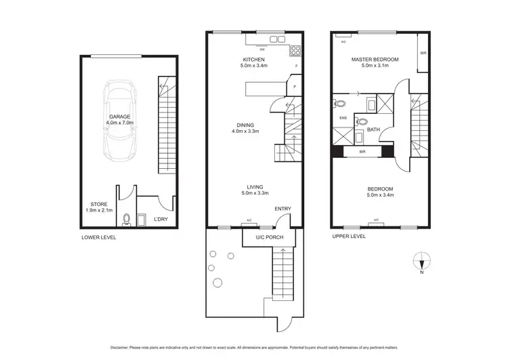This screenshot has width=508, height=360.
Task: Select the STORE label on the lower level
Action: pos(98,204)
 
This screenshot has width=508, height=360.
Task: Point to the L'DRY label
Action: pos(161,219)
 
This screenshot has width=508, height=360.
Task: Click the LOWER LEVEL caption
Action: pos(99,238)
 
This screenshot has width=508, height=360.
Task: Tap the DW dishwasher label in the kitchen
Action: pos(261,49)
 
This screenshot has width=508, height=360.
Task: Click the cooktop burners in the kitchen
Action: pos(295,49)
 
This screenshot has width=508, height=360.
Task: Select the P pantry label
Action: pos(295,87)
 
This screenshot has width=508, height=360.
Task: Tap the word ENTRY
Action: pos(282,209)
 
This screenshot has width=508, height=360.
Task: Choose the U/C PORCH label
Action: pos(269,237)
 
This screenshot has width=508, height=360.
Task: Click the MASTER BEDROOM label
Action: pos(375,60)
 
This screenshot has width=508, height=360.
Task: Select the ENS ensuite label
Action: pos(343,119)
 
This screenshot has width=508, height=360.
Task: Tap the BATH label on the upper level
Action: pos(373,129)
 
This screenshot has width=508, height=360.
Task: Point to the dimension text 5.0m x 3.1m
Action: pos(375,66)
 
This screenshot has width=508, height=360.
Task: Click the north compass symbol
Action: pos(422,262)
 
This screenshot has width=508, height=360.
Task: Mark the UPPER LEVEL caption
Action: pos(349,237)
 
